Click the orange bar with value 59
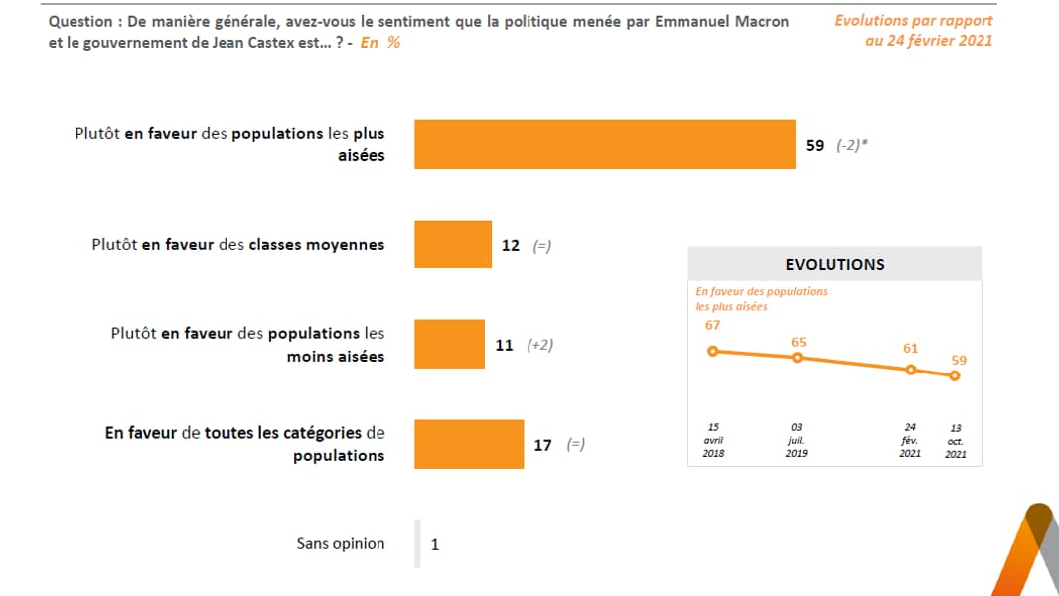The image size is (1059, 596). point(604,145)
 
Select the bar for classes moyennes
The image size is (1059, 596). point(453,244)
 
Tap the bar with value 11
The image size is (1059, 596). point(449,344)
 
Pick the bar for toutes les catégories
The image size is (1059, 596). point(469,444)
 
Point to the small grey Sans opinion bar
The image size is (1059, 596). point(418,543)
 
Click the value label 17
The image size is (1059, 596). point(542,445)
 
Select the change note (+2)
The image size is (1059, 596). point(539,345)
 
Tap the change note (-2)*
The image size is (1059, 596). point(851,145)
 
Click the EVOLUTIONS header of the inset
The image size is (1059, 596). point(834,264)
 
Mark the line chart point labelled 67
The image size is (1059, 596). point(712,351)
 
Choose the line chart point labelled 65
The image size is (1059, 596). point(797,357)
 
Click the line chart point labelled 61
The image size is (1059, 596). point(911,370)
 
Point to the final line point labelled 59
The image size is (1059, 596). point(956,375)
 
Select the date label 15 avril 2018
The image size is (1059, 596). point(714,440)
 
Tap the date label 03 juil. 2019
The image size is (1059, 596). point(797,440)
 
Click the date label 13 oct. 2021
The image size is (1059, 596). point(956,441)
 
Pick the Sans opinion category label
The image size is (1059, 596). point(341,543)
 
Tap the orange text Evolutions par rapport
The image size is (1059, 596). point(914,20)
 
